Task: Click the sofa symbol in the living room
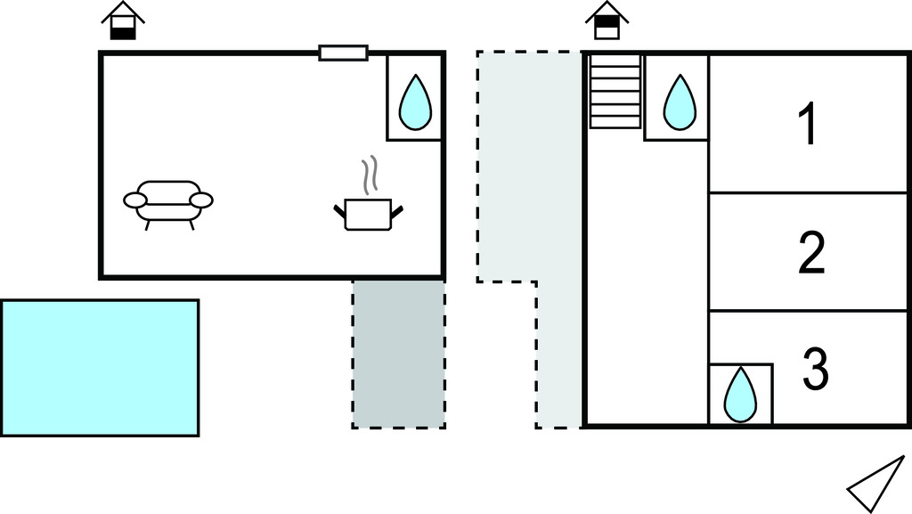pyautogui.click(x=168, y=203)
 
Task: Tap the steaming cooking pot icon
pyautogui.click(x=369, y=212)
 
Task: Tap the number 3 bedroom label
pyautogui.click(x=815, y=370)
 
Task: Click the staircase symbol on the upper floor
pyautogui.click(x=615, y=90)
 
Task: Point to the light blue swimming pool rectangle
pyautogui.click(x=100, y=367)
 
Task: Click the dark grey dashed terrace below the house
pyautogui.click(x=398, y=354)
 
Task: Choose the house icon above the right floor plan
pyautogui.click(x=607, y=21)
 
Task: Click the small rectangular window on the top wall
pyautogui.click(x=344, y=53)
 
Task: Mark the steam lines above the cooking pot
pyautogui.click(x=371, y=175)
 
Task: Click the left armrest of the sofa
pyautogui.click(x=134, y=200)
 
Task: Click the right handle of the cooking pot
pyautogui.click(x=398, y=210)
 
